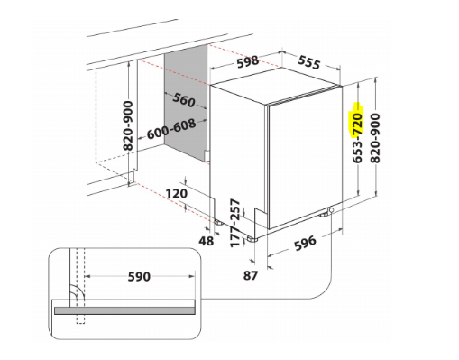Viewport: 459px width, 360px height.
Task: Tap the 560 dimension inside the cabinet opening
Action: click(x=185, y=100)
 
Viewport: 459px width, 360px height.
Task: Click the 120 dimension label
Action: click(x=176, y=193)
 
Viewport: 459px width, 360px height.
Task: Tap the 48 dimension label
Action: click(x=207, y=241)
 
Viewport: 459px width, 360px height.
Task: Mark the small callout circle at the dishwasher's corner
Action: click(x=332, y=212)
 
